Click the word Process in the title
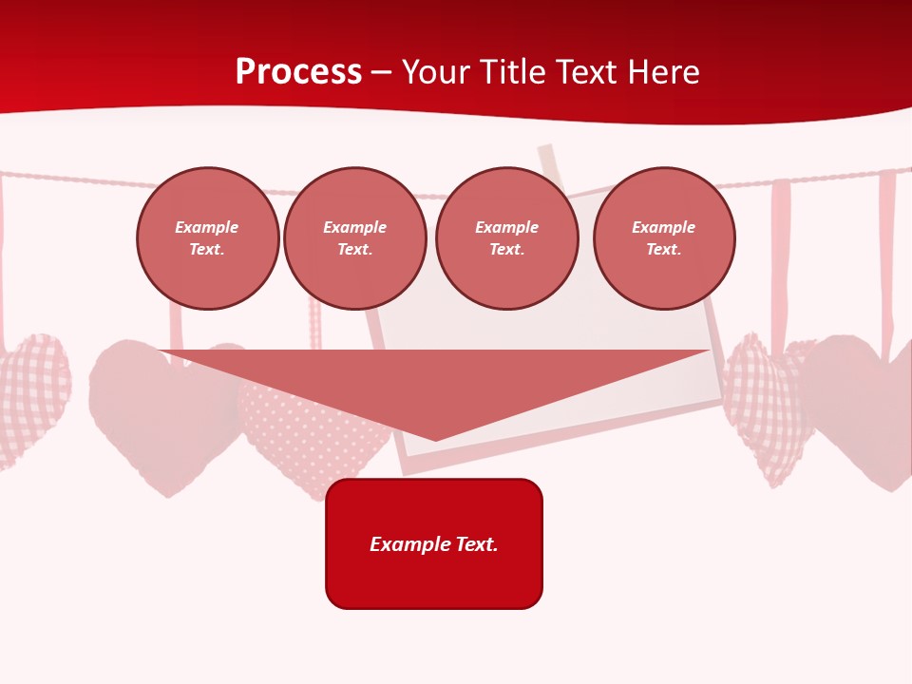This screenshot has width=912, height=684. [298, 72]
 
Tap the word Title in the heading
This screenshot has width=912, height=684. [515, 72]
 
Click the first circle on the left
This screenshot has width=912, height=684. [207, 238]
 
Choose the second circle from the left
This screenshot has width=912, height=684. [355, 238]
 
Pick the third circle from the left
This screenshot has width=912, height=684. [507, 238]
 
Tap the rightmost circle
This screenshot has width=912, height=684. [664, 238]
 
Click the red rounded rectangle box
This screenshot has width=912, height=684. [434, 543]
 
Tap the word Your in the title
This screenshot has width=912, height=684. [436, 72]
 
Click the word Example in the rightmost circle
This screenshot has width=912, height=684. [664, 228]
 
